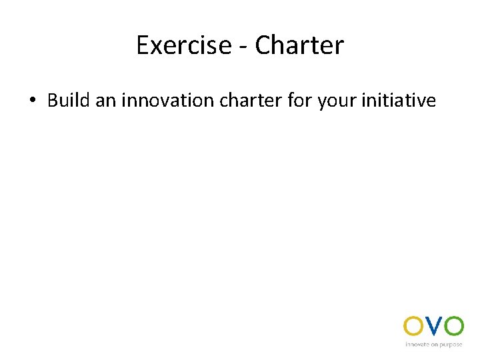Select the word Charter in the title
(x=299, y=45)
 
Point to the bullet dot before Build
(x=31, y=101)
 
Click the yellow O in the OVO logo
(x=413, y=326)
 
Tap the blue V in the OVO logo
(x=433, y=326)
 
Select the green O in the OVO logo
(x=454, y=326)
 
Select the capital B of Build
(x=53, y=100)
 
